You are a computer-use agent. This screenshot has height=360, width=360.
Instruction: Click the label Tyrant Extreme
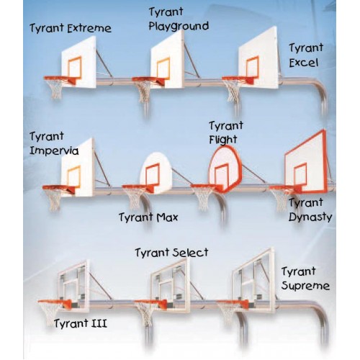point(71,28)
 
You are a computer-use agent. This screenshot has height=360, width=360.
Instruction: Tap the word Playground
point(179,27)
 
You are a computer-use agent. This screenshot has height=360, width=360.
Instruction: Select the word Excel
point(304,63)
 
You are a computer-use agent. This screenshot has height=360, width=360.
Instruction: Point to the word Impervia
point(54,150)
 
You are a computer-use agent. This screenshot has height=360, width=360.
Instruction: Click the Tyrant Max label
point(148,217)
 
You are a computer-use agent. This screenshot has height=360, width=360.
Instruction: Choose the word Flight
point(223,140)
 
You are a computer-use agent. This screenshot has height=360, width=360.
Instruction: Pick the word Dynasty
point(310,217)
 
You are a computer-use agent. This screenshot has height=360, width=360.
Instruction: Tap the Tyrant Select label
point(171,253)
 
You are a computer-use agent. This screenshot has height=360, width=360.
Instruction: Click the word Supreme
point(305,286)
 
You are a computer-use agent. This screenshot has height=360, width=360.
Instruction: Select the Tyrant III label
point(81,323)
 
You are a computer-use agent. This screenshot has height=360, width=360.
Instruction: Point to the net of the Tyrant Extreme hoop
point(55,88)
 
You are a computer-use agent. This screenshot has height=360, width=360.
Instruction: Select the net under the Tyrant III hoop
point(50,312)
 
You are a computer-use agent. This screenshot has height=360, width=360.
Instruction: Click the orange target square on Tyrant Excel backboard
point(252,67)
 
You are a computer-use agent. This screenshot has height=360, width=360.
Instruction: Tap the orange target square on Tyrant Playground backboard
point(163,68)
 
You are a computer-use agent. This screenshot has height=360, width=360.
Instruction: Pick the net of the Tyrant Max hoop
point(135,198)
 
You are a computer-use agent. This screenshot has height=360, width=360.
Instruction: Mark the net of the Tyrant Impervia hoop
point(55,199)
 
